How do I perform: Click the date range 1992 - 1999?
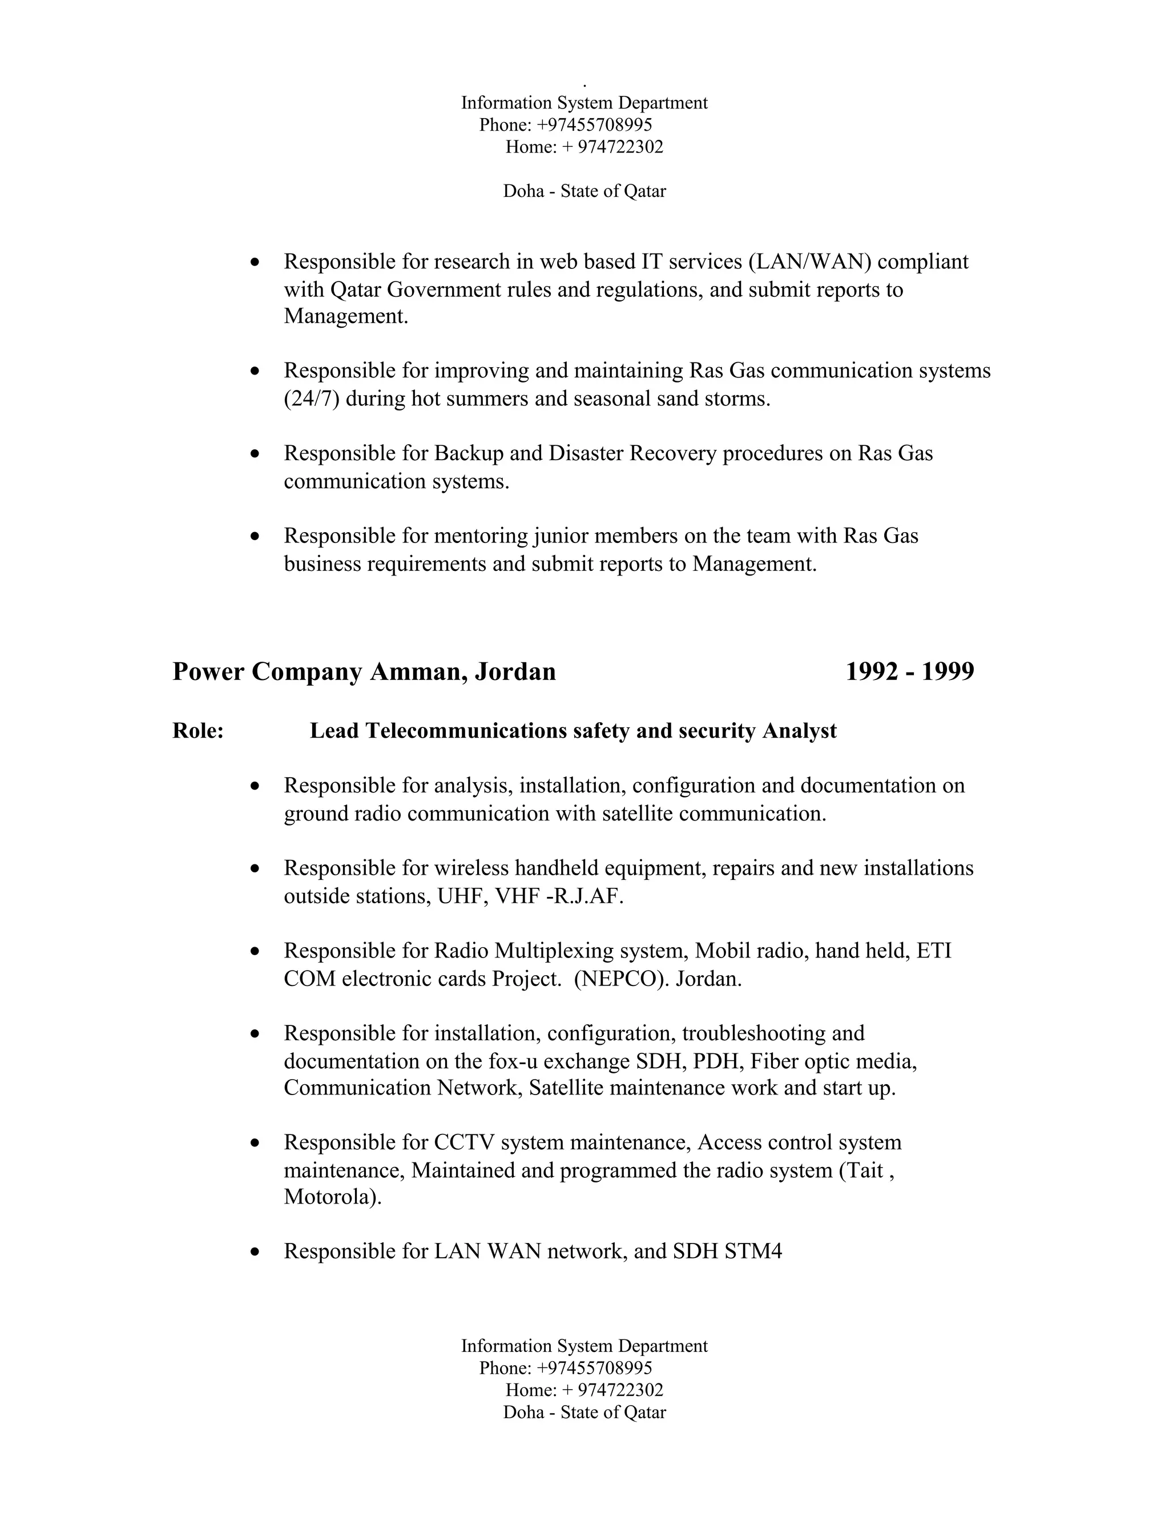coord(909,672)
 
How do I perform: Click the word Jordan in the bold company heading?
coord(515,672)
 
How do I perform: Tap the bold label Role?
coord(197,731)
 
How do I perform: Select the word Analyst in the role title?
coord(799,731)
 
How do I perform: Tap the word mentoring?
coord(481,536)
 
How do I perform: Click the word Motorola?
coord(332,1197)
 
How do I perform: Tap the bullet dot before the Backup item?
coord(256,454)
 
